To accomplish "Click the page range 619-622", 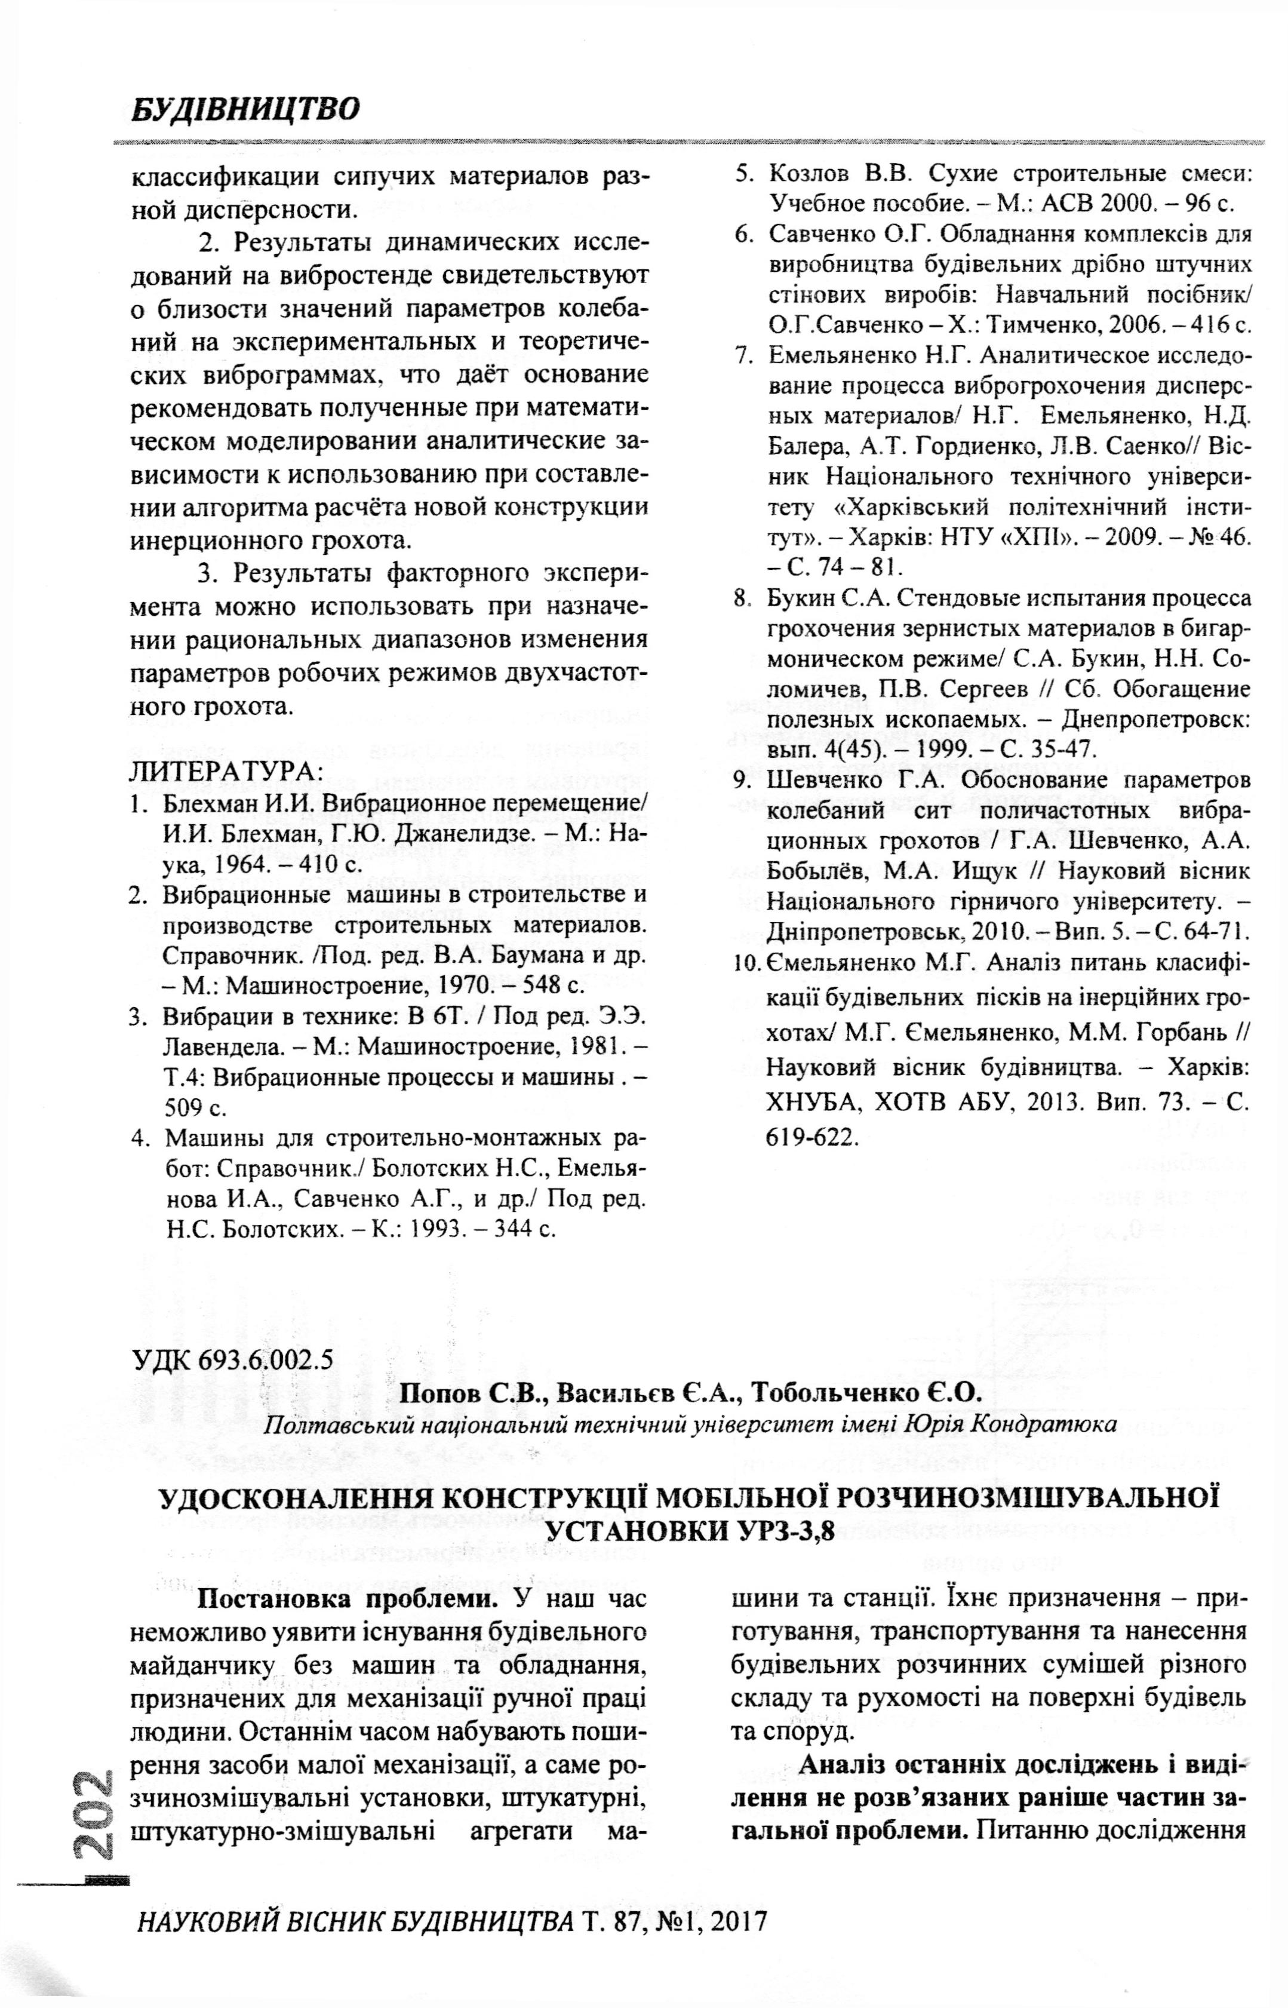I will [x=812, y=1137].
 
